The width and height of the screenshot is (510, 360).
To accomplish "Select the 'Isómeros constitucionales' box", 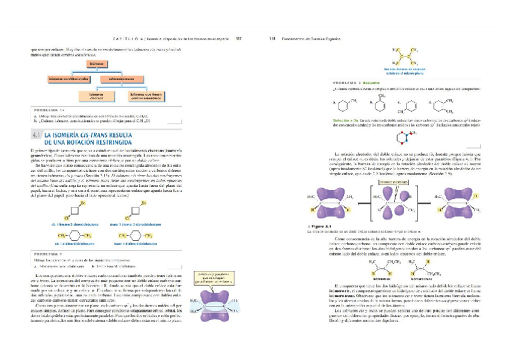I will [x=68, y=79].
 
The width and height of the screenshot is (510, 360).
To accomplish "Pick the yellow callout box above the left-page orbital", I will [x=210, y=278].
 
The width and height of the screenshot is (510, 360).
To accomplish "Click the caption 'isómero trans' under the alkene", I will [x=422, y=279].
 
